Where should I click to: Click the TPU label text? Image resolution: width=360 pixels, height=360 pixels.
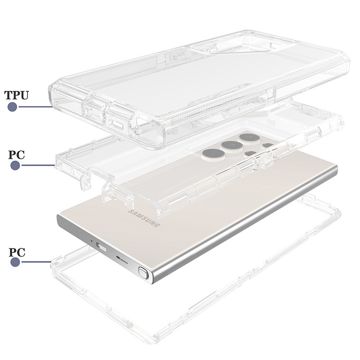pos(17,95)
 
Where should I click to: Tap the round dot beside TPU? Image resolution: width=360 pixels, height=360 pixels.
pos(13,107)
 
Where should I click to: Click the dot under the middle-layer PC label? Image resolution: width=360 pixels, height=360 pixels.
pos(15,166)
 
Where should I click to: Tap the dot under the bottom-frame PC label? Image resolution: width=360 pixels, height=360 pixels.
pos(15,261)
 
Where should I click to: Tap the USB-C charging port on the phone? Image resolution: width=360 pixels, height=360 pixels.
pos(100,247)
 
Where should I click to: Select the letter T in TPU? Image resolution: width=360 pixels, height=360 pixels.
pos(9,95)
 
